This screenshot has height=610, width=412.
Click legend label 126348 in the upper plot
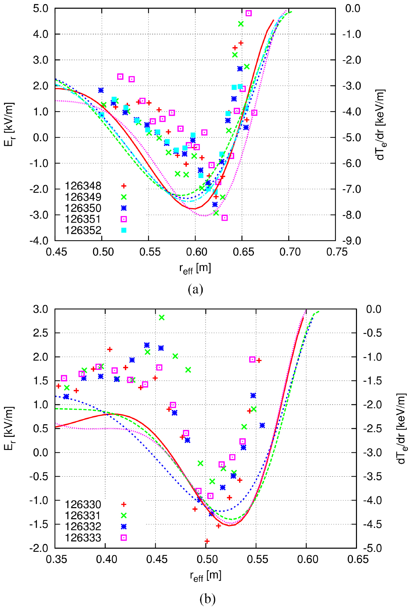click(83, 186)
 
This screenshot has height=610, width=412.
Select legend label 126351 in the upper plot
click(83, 219)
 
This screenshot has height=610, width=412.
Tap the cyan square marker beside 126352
click(123, 230)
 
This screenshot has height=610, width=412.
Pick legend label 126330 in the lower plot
click(83, 505)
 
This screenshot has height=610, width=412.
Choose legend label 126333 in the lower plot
click(83, 538)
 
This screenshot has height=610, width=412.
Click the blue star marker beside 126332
click(123, 527)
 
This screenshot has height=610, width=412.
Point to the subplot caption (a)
click(195, 289)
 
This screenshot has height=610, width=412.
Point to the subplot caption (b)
click(207, 599)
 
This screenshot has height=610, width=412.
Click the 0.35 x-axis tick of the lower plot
click(55, 559)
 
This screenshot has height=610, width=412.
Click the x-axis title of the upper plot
click(195, 269)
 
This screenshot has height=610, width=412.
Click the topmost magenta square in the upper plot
click(248, 13)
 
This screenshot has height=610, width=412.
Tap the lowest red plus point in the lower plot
click(207, 541)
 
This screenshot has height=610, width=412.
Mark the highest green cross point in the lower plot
click(162, 317)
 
